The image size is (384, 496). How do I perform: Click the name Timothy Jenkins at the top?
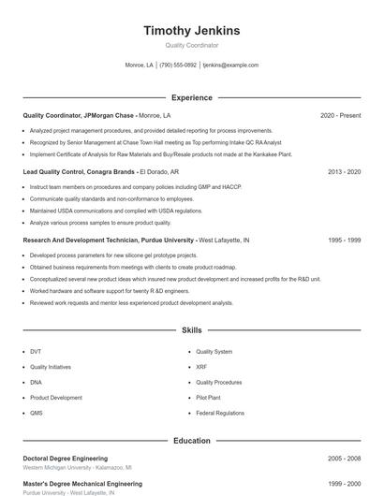[192, 31]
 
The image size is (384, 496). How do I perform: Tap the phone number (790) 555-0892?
[178, 66]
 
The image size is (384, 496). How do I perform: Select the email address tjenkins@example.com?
[230, 66]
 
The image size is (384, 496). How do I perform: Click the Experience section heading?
[192, 97]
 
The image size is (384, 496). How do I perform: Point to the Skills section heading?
[192, 330]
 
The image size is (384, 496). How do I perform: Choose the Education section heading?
[192, 440]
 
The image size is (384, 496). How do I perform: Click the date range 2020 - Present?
[340, 115]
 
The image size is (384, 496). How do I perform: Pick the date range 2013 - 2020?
[344, 172]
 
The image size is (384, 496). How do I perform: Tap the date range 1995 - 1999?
[344, 241]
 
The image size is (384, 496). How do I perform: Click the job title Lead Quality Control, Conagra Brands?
[79, 172]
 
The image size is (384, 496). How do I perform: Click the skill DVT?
[36, 352]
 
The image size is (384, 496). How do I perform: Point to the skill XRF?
[201, 367]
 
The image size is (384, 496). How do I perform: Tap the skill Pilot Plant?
[208, 398]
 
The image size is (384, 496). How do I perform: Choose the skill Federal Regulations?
[220, 413]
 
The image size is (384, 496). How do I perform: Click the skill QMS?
[37, 413]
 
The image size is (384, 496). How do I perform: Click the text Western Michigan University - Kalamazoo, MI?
[77, 467]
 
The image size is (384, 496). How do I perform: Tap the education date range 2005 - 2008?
[344, 459]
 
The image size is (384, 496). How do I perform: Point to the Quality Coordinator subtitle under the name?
[192, 45]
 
